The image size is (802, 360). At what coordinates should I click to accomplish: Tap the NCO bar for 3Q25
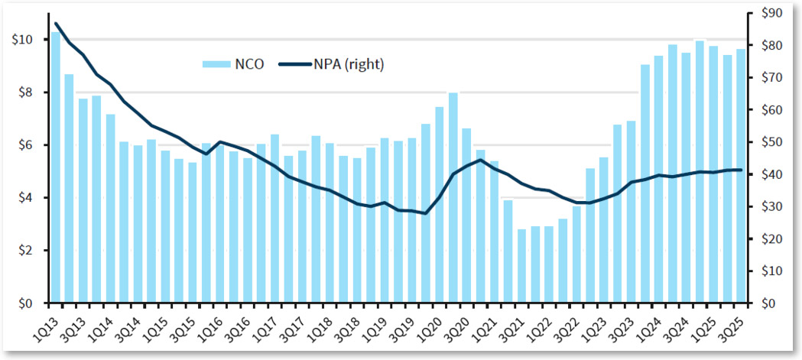(741, 176)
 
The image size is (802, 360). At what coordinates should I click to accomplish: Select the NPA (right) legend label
(349, 65)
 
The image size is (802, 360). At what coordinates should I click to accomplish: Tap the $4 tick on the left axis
(24, 198)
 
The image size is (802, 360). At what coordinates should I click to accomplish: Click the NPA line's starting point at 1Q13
(56, 24)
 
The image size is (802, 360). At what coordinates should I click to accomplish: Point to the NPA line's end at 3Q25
(741, 170)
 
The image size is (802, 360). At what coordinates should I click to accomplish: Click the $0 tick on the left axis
(24, 303)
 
